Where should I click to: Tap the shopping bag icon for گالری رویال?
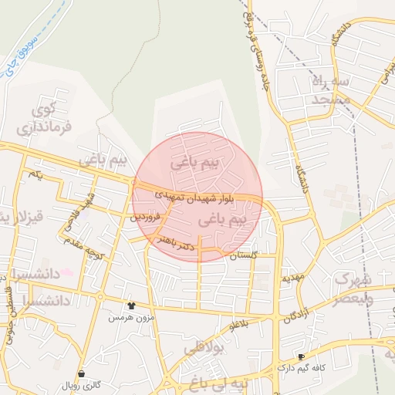tap(82, 373)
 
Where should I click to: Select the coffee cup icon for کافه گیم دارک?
tap(301, 356)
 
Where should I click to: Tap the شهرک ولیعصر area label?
tap(354, 287)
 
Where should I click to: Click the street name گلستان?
tap(243, 255)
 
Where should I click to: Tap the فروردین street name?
tap(145, 218)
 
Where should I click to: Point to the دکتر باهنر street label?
tap(176, 244)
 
